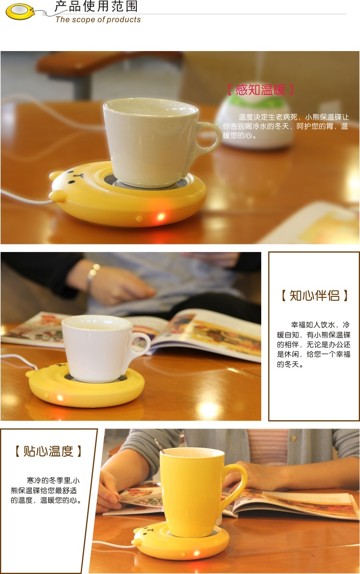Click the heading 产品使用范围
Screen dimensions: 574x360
click(x=96, y=7)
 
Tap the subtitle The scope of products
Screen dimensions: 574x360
click(x=98, y=20)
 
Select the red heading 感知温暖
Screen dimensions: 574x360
click(x=260, y=90)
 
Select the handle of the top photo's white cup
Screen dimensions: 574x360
click(x=208, y=137)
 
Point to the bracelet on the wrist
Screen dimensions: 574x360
click(x=92, y=274)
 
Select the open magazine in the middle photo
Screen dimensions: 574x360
click(x=202, y=333)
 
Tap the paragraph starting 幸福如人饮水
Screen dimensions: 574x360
click(x=314, y=345)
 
